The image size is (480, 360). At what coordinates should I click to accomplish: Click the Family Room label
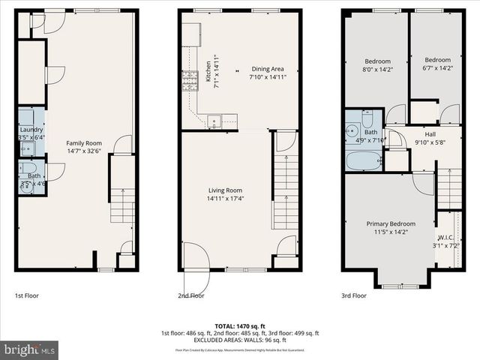click(x=84, y=142)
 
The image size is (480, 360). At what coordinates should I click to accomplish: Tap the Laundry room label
click(x=31, y=128)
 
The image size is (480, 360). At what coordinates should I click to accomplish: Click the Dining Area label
click(x=268, y=67)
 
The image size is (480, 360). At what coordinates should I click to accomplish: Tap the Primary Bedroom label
click(x=391, y=223)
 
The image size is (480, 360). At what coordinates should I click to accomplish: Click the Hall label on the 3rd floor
click(x=430, y=133)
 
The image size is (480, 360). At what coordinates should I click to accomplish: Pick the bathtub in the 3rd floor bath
click(x=364, y=160)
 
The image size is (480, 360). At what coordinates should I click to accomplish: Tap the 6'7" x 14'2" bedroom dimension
click(x=437, y=69)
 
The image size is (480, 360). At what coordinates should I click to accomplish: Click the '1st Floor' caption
click(x=28, y=295)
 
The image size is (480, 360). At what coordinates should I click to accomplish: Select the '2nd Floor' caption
click(x=190, y=295)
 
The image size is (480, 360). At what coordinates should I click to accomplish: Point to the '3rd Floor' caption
click(x=354, y=295)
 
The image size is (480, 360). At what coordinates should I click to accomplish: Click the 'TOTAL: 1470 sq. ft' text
click(x=240, y=326)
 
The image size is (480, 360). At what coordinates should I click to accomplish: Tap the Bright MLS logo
click(x=30, y=349)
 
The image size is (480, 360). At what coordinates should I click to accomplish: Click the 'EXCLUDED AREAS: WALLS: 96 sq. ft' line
click(x=240, y=340)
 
